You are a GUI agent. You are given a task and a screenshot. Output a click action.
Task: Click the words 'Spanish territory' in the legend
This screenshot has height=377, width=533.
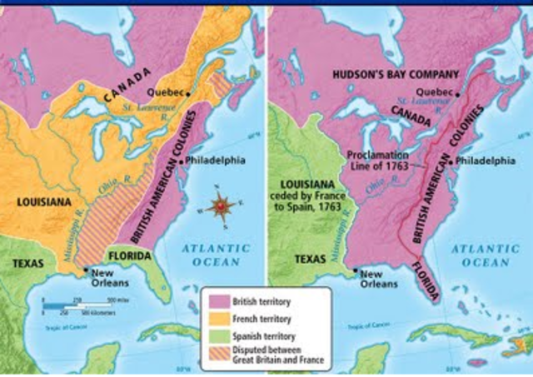[262, 335]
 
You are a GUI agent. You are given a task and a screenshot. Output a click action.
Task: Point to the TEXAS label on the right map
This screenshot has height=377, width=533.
[311, 259]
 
